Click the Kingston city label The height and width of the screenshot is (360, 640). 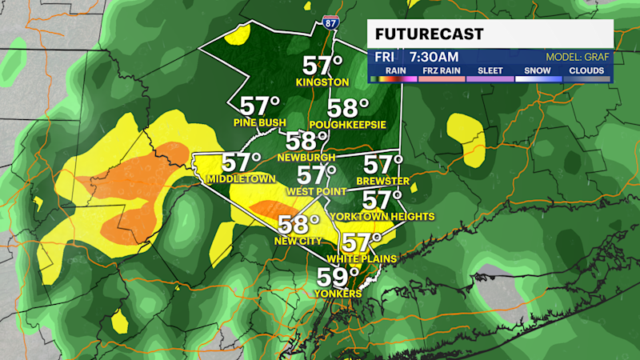tap(322, 82)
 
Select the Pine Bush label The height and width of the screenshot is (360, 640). tap(260, 122)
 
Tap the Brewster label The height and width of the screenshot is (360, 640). tap(383, 182)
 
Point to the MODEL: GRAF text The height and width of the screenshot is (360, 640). tap(578, 58)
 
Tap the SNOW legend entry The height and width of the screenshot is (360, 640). tap(538, 70)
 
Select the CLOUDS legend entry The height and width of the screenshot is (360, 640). tap(586, 70)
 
